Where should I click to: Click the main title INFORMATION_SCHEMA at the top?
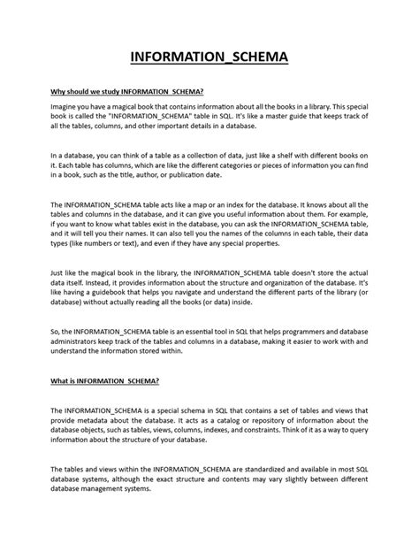(x=209, y=60)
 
